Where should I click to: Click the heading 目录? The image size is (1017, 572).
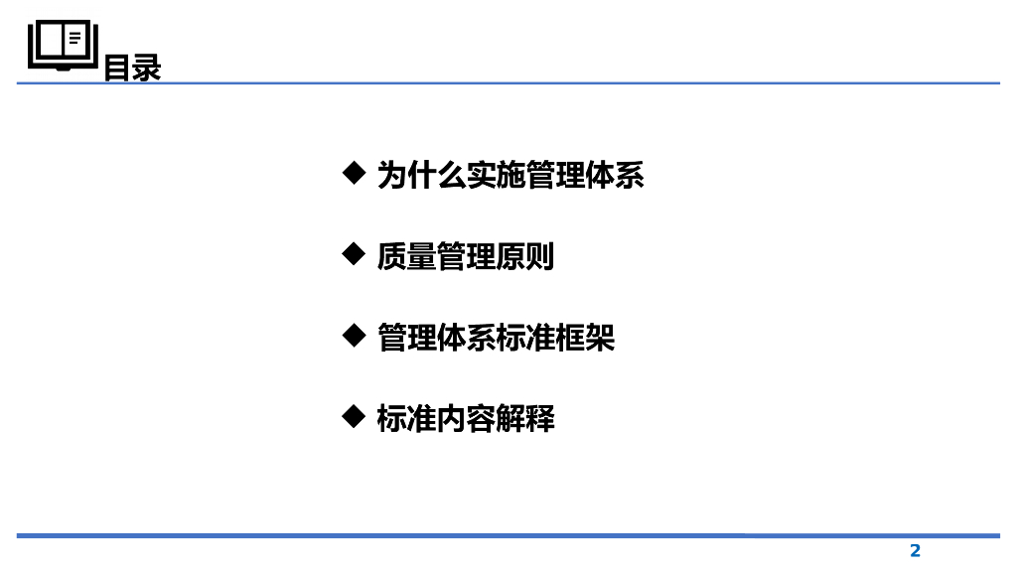click(x=132, y=69)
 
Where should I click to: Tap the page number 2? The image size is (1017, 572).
click(x=916, y=551)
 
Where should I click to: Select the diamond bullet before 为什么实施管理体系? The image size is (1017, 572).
click(x=353, y=174)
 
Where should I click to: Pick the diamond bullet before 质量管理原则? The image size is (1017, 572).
click(x=353, y=255)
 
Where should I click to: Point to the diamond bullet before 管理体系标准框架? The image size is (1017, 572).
click(x=353, y=336)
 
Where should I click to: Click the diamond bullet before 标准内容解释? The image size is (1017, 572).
click(x=353, y=416)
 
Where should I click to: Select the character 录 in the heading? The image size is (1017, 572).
click(x=147, y=69)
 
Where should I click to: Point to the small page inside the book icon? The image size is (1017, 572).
click(x=75, y=40)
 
